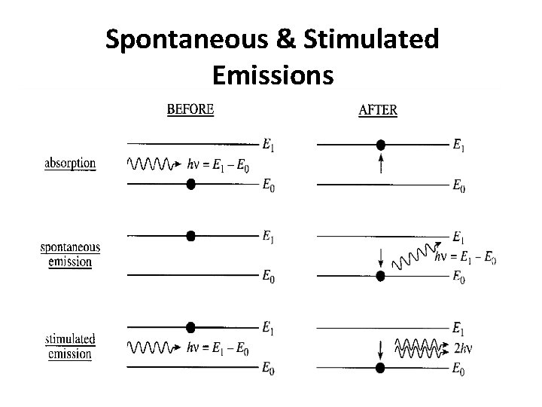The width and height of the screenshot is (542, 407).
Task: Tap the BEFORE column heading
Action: [x=190, y=109]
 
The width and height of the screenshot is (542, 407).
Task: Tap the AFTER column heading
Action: [x=378, y=110]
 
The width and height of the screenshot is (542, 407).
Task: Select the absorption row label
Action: [x=70, y=163]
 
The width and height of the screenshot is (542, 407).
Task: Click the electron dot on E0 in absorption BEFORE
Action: [x=190, y=183]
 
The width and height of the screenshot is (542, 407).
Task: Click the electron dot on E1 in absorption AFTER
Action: [x=381, y=144]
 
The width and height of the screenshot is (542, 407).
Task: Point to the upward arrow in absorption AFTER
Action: [x=381, y=164]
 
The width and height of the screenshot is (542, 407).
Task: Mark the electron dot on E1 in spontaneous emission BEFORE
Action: [x=190, y=236]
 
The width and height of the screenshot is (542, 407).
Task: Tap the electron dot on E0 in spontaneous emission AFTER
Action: [x=381, y=275]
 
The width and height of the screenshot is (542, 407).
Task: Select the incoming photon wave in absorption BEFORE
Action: [x=151, y=163]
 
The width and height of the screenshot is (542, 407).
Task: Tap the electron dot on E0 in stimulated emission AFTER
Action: [x=381, y=367]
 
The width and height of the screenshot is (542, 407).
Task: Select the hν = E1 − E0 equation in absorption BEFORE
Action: [x=218, y=164]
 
